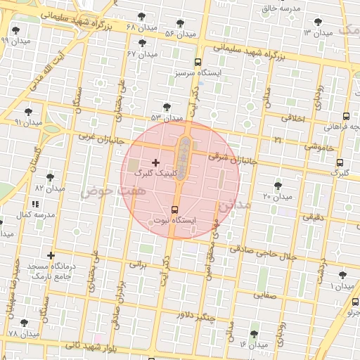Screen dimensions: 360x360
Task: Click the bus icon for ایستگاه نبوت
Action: (x=175, y=210)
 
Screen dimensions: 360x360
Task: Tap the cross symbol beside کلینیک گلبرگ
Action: (x=155, y=162)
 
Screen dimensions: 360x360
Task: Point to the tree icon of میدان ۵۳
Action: (x=167, y=107)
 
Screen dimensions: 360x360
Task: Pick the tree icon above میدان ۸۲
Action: (x=49, y=177)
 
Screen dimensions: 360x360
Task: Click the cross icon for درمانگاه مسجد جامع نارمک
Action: (x=51, y=255)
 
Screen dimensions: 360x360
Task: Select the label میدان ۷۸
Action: (x=23, y=333)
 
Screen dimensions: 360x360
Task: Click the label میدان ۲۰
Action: (x=277, y=196)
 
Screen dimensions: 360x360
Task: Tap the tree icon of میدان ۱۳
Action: (x=319, y=22)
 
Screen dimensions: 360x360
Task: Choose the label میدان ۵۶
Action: (x=180, y=34)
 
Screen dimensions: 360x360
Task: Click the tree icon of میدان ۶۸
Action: (x=141, y=16)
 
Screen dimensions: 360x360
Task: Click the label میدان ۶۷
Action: (x=141, y=53)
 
